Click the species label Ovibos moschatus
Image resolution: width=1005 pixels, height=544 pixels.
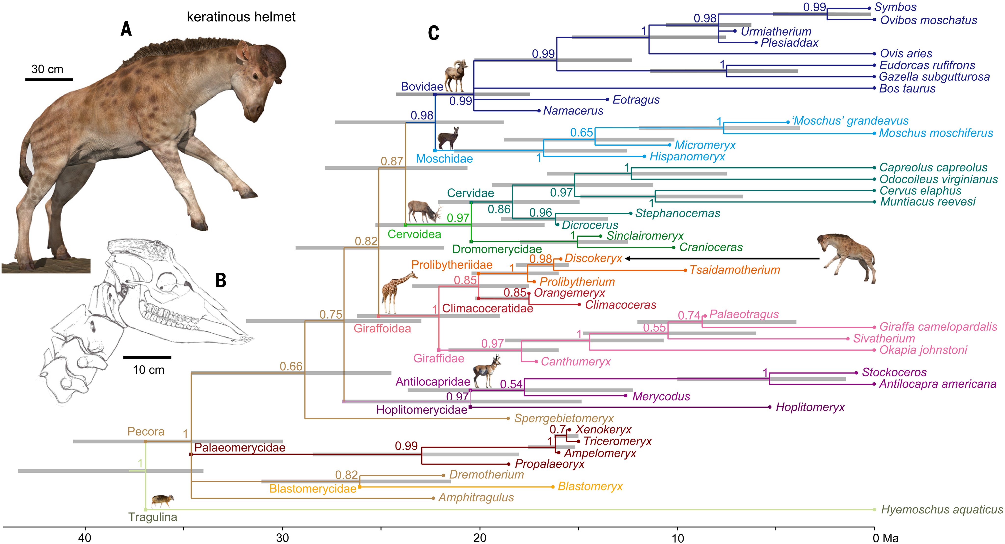(x=928, y=20)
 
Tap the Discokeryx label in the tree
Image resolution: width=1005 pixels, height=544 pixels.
(x=593, y=259)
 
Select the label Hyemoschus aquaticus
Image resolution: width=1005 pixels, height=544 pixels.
(x=942, y=510)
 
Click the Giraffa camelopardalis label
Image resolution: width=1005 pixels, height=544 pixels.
(x=938, y=327)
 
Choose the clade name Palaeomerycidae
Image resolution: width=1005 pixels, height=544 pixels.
(x=239, y=448)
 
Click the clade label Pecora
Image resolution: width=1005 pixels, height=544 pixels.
(x=146, y=432)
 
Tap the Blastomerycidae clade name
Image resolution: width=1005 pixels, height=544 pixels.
(x=313, y=489)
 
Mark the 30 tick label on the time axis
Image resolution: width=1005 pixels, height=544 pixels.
(x=282, y=538)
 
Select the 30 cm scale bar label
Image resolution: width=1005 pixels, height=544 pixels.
(x=47, y=69)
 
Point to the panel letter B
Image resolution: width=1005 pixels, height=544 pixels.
(x=221, y=280)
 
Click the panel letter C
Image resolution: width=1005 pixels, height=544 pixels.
(x=434, y=33)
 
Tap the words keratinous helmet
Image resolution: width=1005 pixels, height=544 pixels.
(x=241, y=17)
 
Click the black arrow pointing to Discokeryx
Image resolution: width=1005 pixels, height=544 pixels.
(x=722, y=259)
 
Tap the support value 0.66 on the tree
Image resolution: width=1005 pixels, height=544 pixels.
(x=291, y=367)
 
